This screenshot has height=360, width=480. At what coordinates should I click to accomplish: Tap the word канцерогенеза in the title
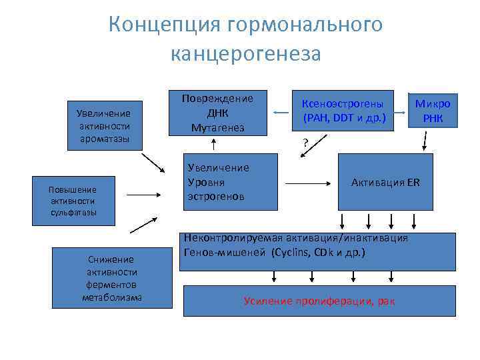(x=246, y=53)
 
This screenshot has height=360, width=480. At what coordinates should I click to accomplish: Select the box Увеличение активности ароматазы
(x=103, y=125)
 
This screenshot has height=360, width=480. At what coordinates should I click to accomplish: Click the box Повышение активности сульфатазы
(x=73, y=201)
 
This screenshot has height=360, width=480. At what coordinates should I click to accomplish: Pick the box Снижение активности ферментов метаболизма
(x=113, y=277)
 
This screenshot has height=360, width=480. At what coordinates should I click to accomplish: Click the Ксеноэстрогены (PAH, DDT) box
(x=343, y=111)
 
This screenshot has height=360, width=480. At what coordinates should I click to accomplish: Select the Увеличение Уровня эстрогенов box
(x=229, y=182)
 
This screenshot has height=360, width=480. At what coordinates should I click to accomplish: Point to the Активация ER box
(x=385, y=182)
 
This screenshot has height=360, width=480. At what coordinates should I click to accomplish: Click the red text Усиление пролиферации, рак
(x=319, y=301)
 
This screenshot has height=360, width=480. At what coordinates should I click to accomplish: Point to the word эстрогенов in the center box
(x=217, y=197)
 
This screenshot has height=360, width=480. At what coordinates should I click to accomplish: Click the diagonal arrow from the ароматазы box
(x=157, y=162)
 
